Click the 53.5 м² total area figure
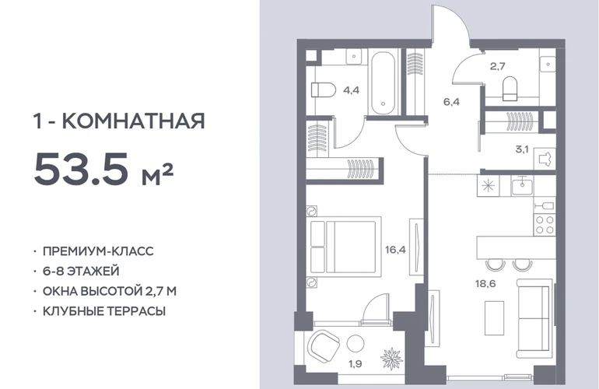coord(104,169)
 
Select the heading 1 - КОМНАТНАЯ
coord(120,121)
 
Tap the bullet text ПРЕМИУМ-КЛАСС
coord(98,251)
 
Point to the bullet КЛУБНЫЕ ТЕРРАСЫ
coord(104,311)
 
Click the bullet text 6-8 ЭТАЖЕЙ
coord(81,272)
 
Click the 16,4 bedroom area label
coord(395,251)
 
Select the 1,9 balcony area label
coord(356,364)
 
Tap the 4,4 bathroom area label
coord(351,91)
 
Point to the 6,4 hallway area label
coord(451,102)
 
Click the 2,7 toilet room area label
coord(498,66)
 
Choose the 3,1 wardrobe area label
coord(522,149)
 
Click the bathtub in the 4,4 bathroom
coord(384,83)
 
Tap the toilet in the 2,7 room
coord(510,88)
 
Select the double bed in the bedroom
coord(346,247)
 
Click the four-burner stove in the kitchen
coord(545,225)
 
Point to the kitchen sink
coord(522,185)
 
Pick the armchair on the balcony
coord(324,346)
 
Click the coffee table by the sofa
coord(494,318)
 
